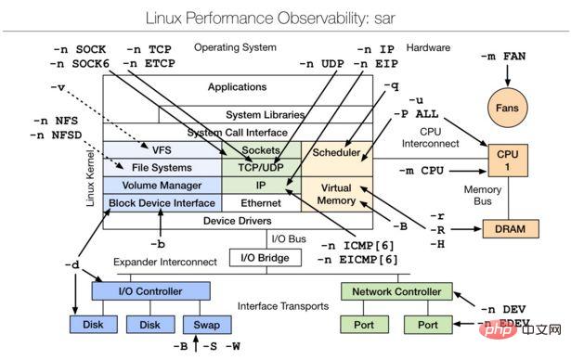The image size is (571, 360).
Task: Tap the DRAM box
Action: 507,227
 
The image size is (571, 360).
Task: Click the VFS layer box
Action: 162,150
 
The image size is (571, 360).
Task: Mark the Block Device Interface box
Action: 162,202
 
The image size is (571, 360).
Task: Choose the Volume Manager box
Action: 162,185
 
